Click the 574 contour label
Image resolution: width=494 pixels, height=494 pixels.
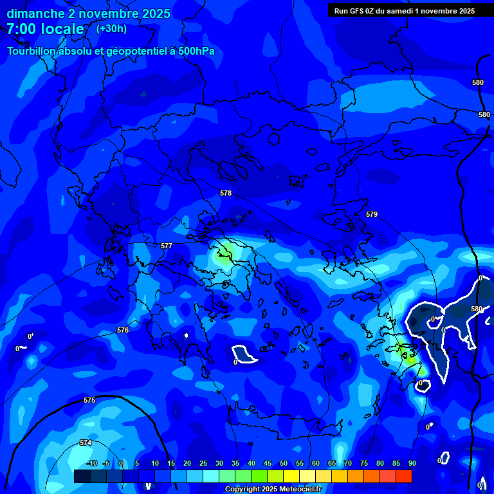(x=86, y=443)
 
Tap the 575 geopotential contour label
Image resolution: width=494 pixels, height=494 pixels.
(x=89, y=400)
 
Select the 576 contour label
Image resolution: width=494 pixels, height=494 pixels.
(x=123, y=330)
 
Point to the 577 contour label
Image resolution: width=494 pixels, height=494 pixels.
(x=167, y=246)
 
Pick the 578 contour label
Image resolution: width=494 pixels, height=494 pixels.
(x=226, y=193)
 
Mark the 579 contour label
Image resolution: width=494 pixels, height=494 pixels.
(x=372, y=214)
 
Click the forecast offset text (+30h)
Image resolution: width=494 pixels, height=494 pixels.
(x=111, y=28)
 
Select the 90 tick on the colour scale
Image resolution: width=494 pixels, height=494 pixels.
(x=412, y=464)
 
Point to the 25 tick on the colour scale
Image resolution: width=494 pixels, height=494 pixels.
(x=203, y=464)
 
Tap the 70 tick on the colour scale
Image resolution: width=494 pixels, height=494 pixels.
(x=347, y=464)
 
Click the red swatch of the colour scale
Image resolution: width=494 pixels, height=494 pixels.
(x=403, y=476)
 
